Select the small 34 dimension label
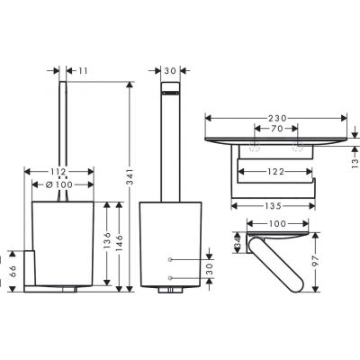click(238, 240)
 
